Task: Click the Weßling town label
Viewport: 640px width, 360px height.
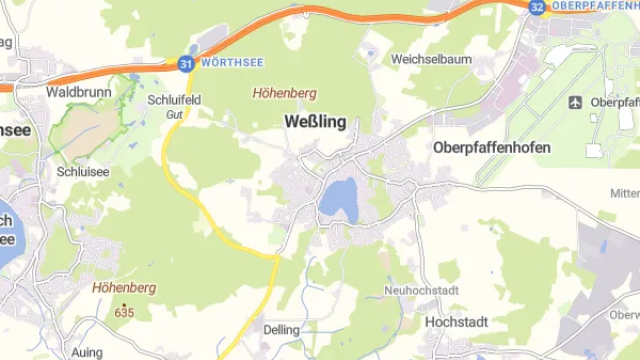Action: tap(315, 123)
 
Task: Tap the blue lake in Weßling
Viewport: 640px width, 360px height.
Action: tap(338, 197)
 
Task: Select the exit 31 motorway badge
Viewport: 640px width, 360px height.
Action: tap(186, 63)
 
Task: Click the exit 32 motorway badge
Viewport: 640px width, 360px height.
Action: tap(537, 6)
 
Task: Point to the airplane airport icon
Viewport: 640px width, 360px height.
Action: tap(575, 102)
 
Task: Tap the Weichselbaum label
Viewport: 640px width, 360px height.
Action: tap(431, 59)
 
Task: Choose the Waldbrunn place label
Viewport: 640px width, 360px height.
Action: tap(76, 91)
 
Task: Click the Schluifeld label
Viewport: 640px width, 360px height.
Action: tap(174, 100)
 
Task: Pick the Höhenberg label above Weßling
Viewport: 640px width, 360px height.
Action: tap(285, 93)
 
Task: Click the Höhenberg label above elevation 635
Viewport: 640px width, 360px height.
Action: tap(124, 288)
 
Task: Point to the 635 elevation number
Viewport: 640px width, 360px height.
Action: tap(124, 312)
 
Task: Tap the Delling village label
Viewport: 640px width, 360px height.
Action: tap(281, 329)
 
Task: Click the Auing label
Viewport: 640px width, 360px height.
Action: tap(87, 353)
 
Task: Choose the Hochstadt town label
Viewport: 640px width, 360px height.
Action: tap(457, 323)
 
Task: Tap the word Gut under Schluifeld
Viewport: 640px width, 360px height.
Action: tap(174, 115)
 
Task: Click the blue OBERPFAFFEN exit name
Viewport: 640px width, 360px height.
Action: tap(595, 6)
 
